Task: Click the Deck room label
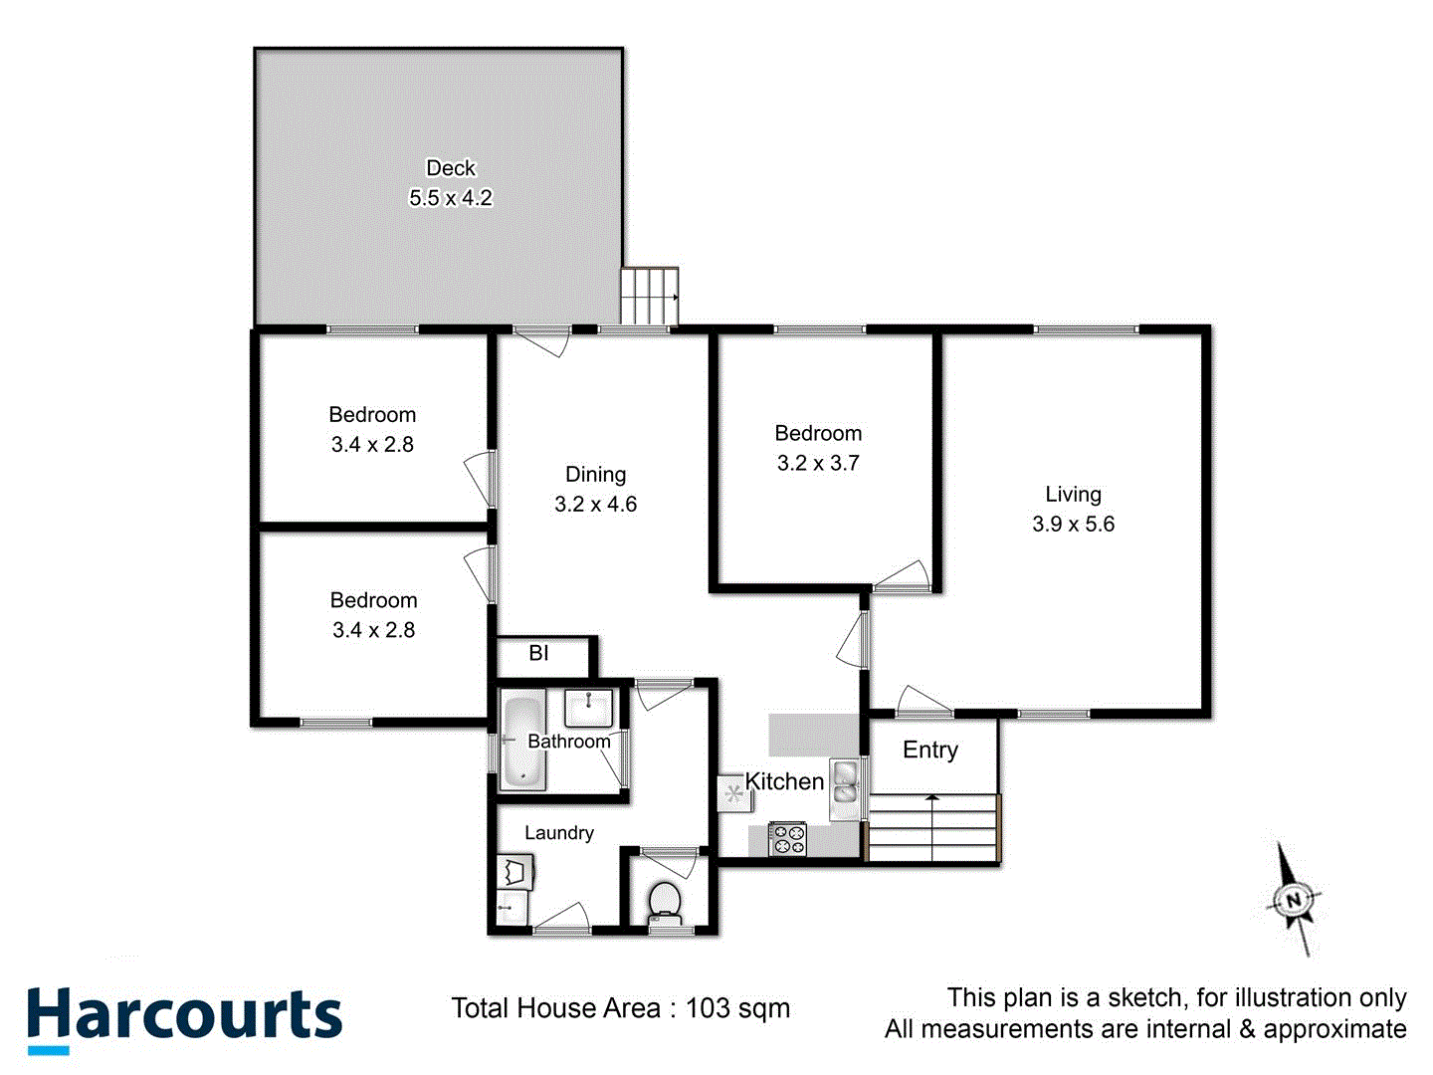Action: coord(451,168)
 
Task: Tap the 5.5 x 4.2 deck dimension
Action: coord(451,198)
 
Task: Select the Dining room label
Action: coord(595,475)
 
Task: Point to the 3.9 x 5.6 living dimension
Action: coord(1073,525)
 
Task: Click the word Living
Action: coord(1073,494)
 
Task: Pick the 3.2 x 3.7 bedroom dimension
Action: coord(818,463)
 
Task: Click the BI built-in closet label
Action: coord(538,654)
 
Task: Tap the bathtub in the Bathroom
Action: coord(522,742)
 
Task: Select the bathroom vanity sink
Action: coord(591,709)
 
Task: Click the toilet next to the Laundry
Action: coord(664,901)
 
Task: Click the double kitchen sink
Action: coord(845,780)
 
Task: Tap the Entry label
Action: coord(930,750)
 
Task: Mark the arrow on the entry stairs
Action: coord(931,798)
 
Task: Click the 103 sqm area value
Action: coord(737,1008)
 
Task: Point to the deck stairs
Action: coord(650,296)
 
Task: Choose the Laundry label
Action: coord(559,833)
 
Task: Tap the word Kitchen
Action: coord(784,782)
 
